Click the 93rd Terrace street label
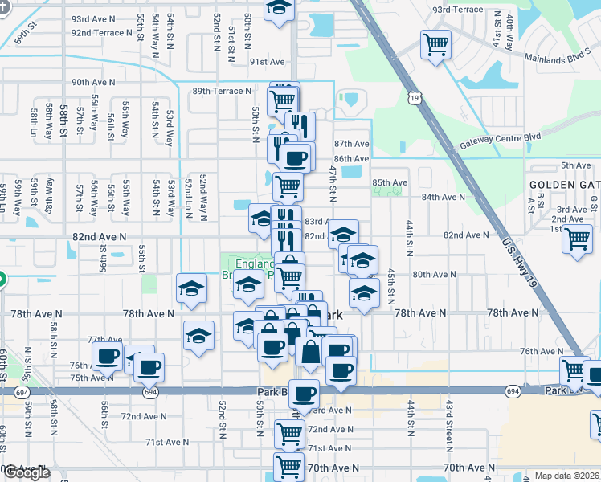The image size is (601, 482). click(458, 10)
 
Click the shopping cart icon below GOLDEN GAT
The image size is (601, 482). click(578, 239)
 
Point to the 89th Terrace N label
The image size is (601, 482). click(222, 92)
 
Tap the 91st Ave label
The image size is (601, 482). click(268, 62)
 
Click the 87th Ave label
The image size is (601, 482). click(351, 144)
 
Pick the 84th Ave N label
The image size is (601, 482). click(444, 197)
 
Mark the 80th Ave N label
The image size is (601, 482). click(435, 274)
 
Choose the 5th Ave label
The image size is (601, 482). click(575, 165)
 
